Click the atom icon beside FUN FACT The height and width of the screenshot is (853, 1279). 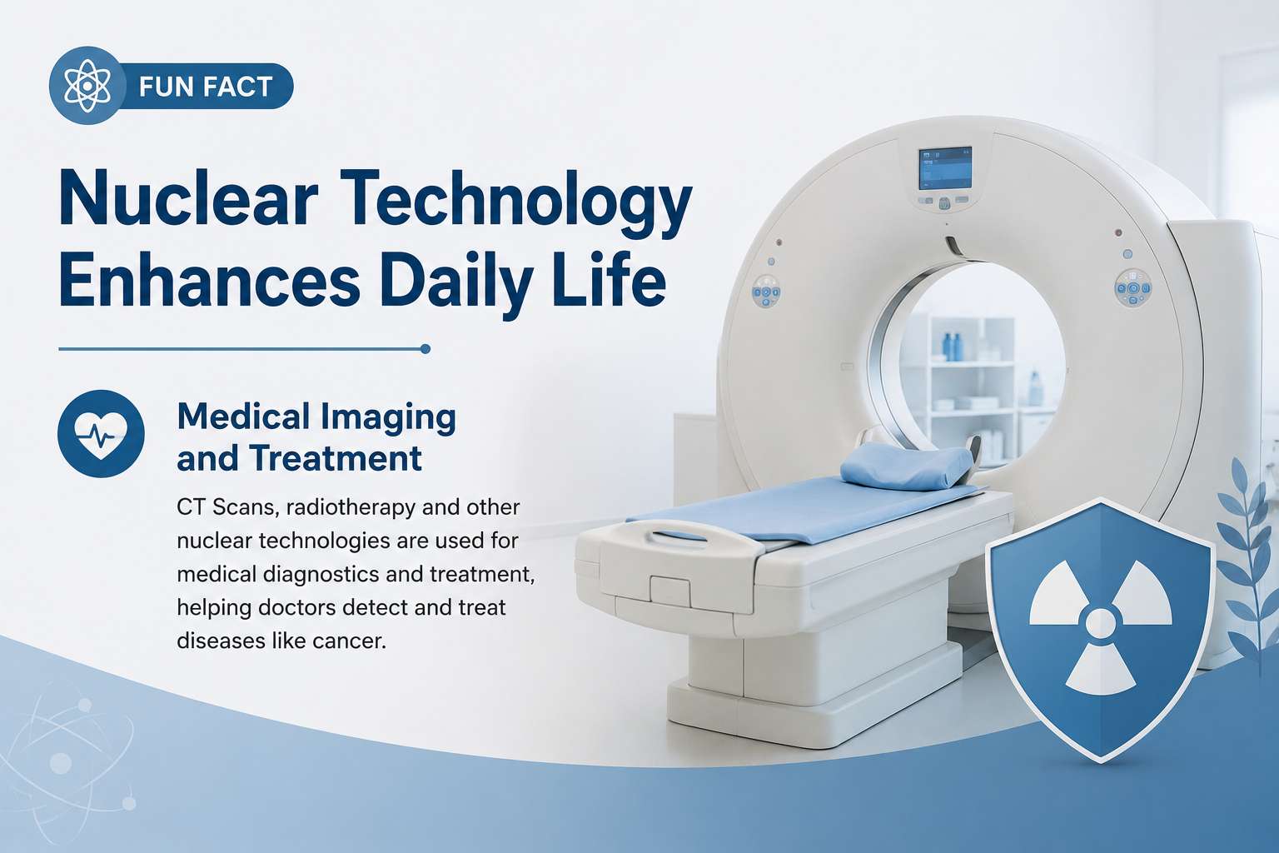[87, 86]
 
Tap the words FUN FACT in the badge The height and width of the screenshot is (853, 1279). [206, 87]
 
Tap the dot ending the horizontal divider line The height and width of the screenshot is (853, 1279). [425, 349]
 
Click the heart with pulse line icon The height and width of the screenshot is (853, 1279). [101, 434]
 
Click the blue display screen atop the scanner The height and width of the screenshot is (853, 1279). [944, 168]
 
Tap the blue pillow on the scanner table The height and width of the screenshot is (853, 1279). [908, 465]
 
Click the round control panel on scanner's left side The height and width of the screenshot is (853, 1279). [766, 292]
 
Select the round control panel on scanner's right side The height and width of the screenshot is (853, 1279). [1132, 287]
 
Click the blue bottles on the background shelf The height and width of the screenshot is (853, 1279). [951, 347]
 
